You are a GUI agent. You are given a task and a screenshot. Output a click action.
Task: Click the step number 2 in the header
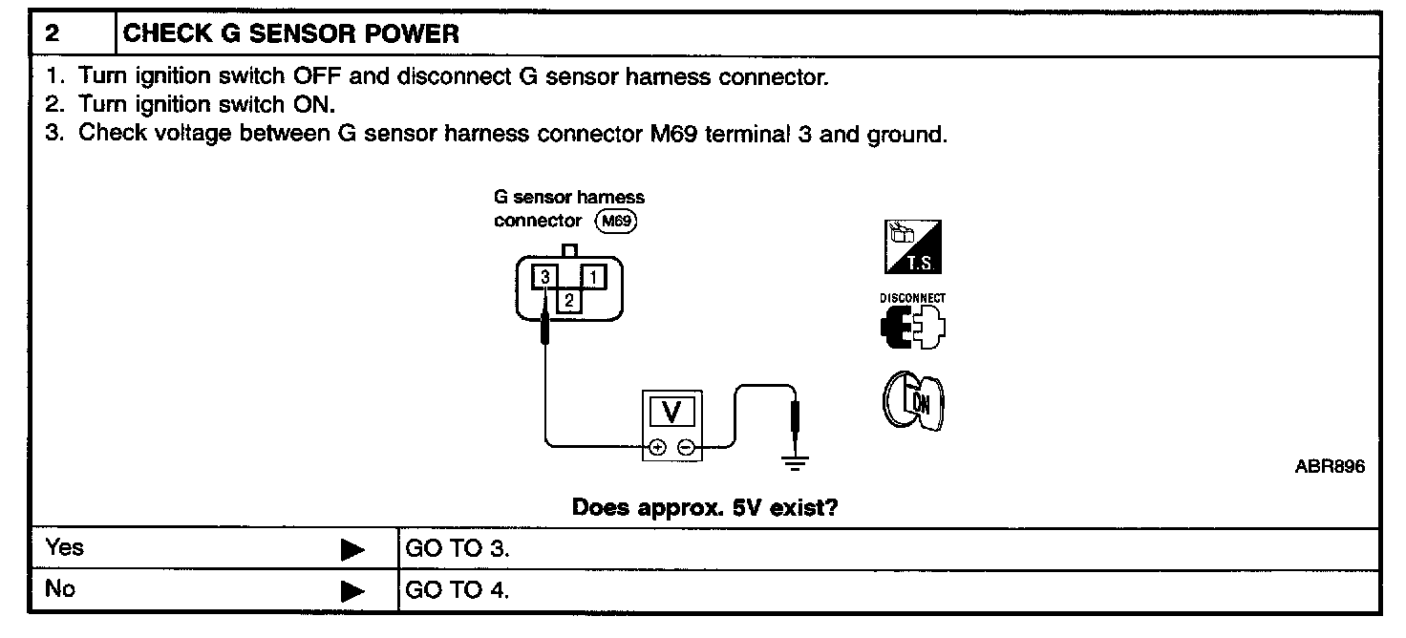pos(53,34)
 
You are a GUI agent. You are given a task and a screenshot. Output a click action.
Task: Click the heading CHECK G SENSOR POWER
pos(292,34)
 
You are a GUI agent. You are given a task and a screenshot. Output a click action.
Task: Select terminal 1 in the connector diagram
pos(593,278)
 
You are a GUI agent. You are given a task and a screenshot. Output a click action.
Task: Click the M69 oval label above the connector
pos(615,222)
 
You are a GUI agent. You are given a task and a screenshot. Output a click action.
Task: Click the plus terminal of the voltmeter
pos(657,446)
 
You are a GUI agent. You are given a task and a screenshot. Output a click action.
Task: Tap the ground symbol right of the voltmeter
pos(795,464)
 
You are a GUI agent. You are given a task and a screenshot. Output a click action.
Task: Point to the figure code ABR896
pos(1331,467)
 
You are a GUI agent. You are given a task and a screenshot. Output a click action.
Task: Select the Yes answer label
pos(65,548)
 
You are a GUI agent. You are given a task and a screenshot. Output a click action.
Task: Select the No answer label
pos(60,589)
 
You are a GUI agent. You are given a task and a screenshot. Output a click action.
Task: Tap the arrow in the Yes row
pos(353,550)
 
